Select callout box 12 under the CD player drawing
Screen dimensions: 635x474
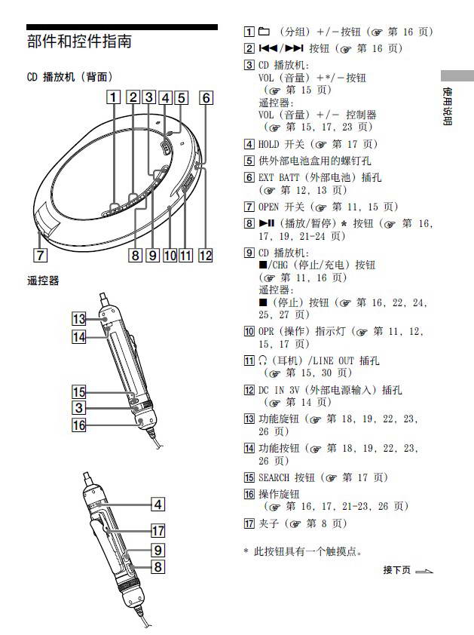tap(205, 255)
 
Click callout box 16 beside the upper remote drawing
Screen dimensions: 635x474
tap(79, 425)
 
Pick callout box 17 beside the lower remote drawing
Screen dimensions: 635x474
tap(157, 530)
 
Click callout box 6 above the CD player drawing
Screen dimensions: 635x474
tap(205, 97)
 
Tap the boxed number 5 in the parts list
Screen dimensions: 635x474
tap(249, 161)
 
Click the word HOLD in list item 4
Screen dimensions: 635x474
tap(269, 144)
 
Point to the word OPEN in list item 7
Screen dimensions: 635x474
tap(269, 207)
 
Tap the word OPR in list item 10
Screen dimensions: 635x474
tap(266, 331)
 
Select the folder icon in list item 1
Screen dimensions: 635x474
tap(264, 32)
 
